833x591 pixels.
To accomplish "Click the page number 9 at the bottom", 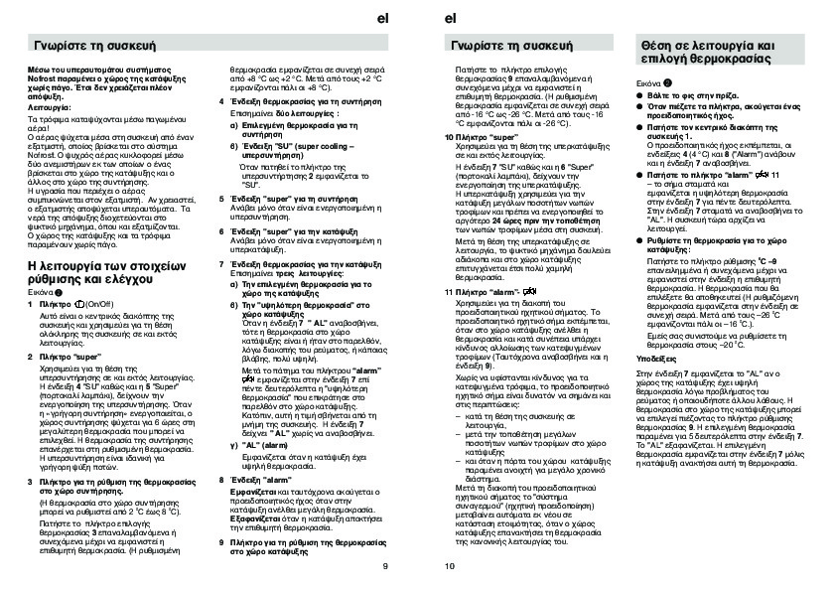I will click(x=384, y=567).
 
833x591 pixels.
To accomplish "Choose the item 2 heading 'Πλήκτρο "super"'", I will click(x=72, y=354).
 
